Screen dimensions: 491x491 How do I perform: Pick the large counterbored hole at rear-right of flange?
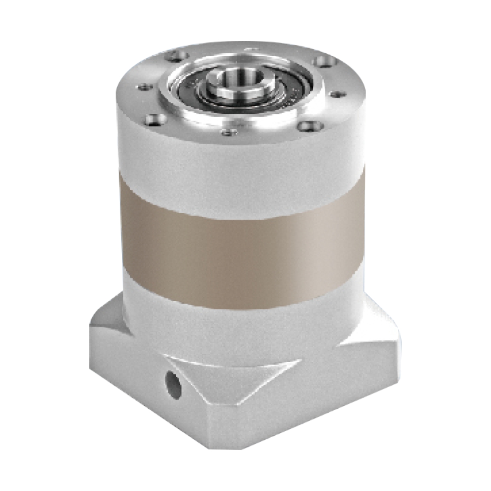pyautogui.click(x=324, y=61)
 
